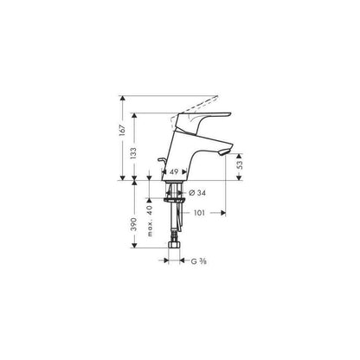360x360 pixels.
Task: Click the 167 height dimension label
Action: click(x=123, y=131)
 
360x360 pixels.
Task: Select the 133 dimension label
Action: click(x=133, y=154)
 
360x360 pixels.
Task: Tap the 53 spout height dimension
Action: click(x=240, y=164)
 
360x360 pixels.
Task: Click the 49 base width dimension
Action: click(x=174, y=172)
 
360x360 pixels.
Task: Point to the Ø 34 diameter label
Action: click(x=197, y=193)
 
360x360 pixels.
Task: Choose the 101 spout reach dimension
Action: click(x=199, y=213)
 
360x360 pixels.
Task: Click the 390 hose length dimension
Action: click(x=133, y=224)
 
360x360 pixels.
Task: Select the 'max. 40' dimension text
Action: click(x=150, y=222)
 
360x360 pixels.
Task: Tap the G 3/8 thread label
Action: click(x=199, y=261)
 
